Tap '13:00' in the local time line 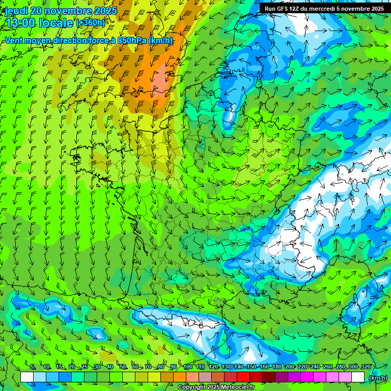[x=19, y=23]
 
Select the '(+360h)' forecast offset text [x=91, y=23]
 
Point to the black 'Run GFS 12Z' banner [x=324, y=9]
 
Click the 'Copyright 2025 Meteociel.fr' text [x=216, y=387]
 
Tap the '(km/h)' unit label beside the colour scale [x=377, y=378]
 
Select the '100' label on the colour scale [x=188, y=367]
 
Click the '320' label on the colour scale [x=366, y=367]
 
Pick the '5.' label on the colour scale [x=33, y=367]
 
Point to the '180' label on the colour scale [x=276, y=367]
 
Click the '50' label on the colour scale [x=123, y=367]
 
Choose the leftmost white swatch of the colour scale [x=27, y=377]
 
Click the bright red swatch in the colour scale [x=243, y=377]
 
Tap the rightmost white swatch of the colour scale [x=358, y=377]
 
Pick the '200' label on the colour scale [x=290, y=367]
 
